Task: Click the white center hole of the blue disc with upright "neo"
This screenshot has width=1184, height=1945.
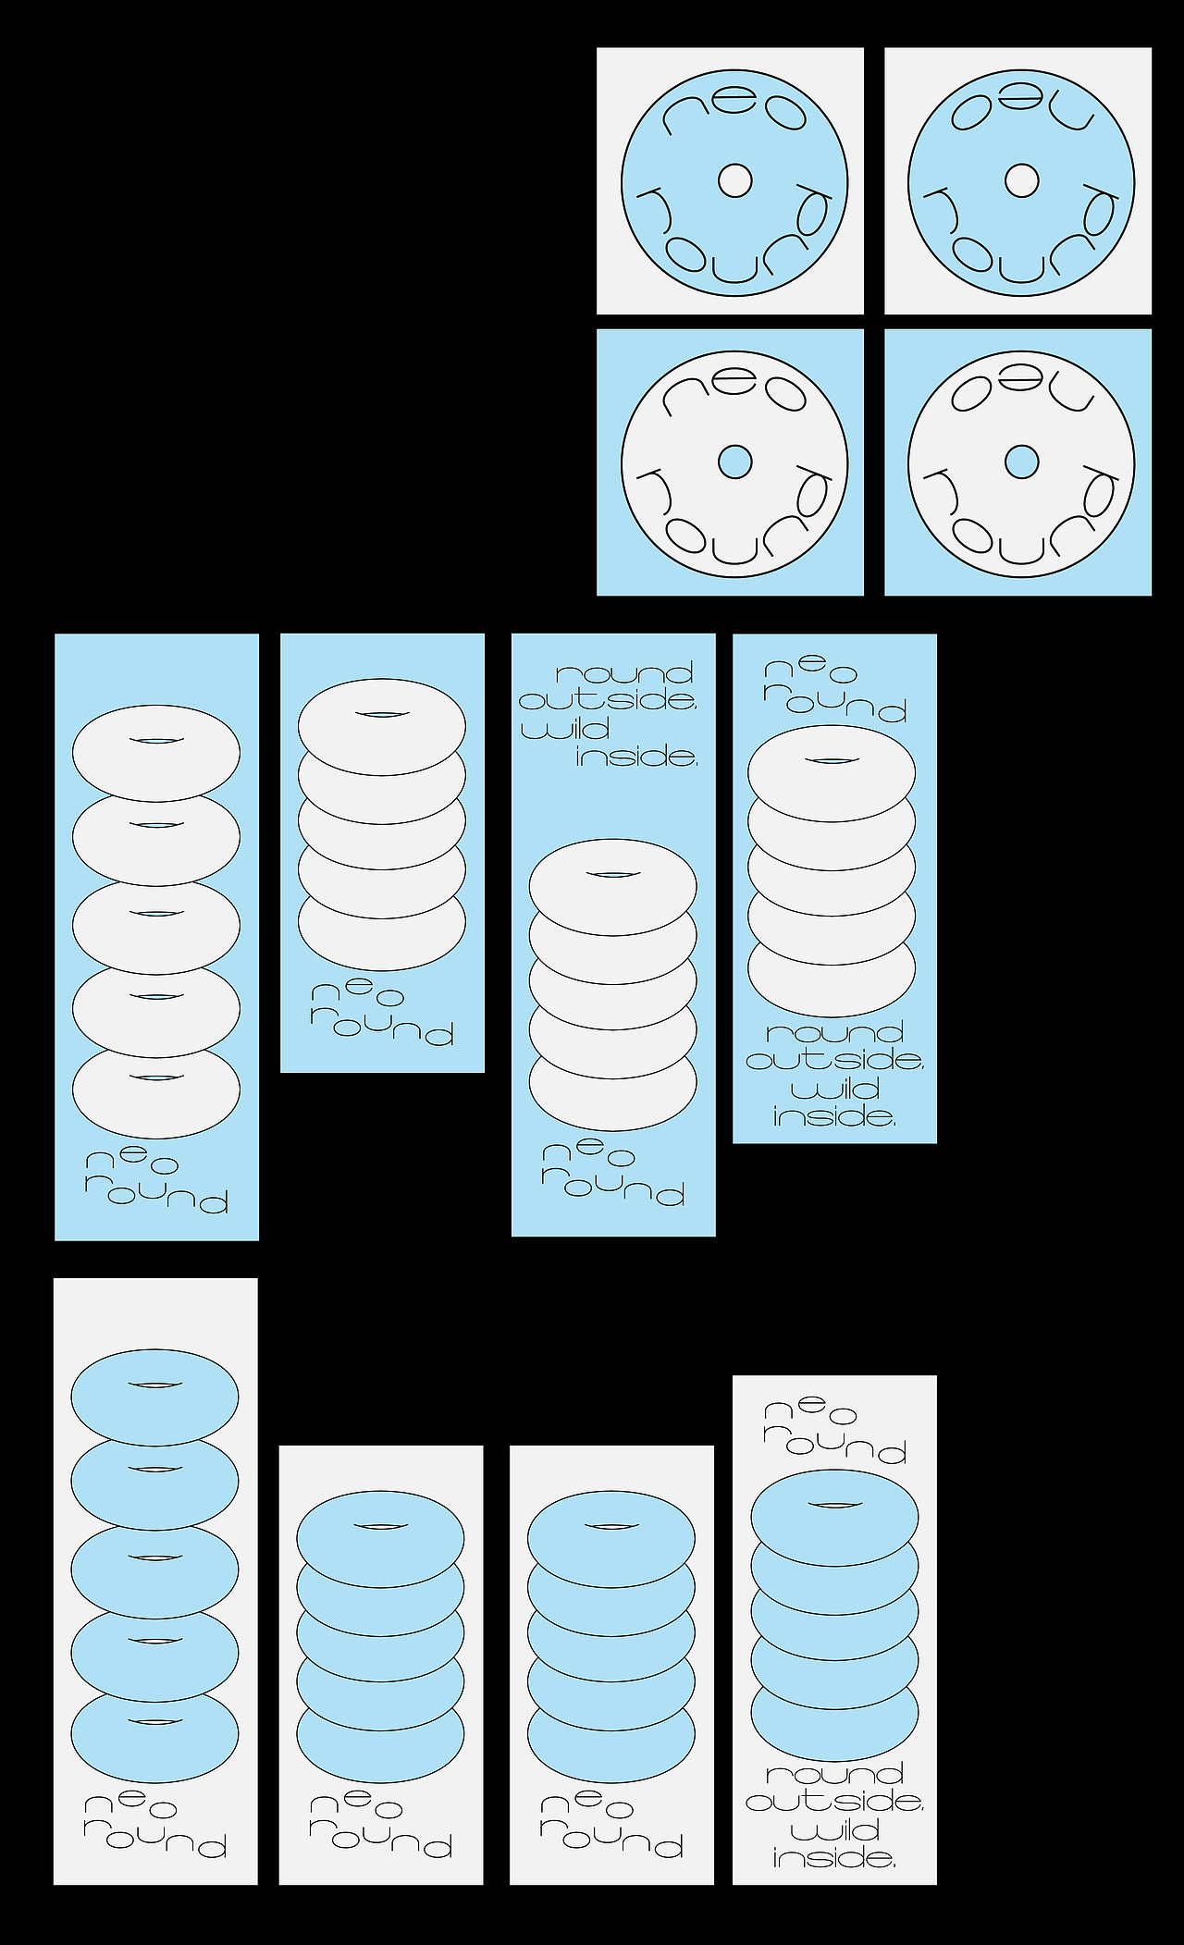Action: click(x=735, y=180)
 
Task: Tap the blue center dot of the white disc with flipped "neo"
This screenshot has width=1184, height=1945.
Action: click(x=1022, y=462)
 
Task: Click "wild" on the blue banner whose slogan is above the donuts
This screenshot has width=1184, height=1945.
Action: click(x=565, y=730)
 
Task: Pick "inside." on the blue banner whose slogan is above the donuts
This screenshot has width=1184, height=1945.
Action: click(x=637, y=757)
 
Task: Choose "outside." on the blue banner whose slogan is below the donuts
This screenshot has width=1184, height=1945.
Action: click(x=835, y=1060)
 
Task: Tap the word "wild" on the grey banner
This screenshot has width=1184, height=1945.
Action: click(x=834, y=1830)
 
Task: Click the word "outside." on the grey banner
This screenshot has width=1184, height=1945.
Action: click(x=835, y=1802)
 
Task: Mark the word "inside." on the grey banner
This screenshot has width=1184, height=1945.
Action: click(x=834, y=1858)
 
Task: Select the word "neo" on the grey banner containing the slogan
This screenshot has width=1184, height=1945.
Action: click(x=810, y=1411)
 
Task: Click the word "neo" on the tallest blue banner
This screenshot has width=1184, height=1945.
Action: click(x=131, y=1162)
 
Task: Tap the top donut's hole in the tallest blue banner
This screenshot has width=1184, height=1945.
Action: click(x=156, y=740)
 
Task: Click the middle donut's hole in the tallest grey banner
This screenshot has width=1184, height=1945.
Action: click(x=155, y=1556)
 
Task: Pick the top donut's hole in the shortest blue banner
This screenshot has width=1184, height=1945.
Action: click(x=382, y=714)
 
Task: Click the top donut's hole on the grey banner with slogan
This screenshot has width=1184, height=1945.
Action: click(x=834, y=1504)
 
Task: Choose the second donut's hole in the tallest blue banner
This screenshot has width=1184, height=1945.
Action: click(x=156, y=822)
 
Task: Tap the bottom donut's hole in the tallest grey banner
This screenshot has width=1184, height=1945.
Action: click(x=155, y=1720)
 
